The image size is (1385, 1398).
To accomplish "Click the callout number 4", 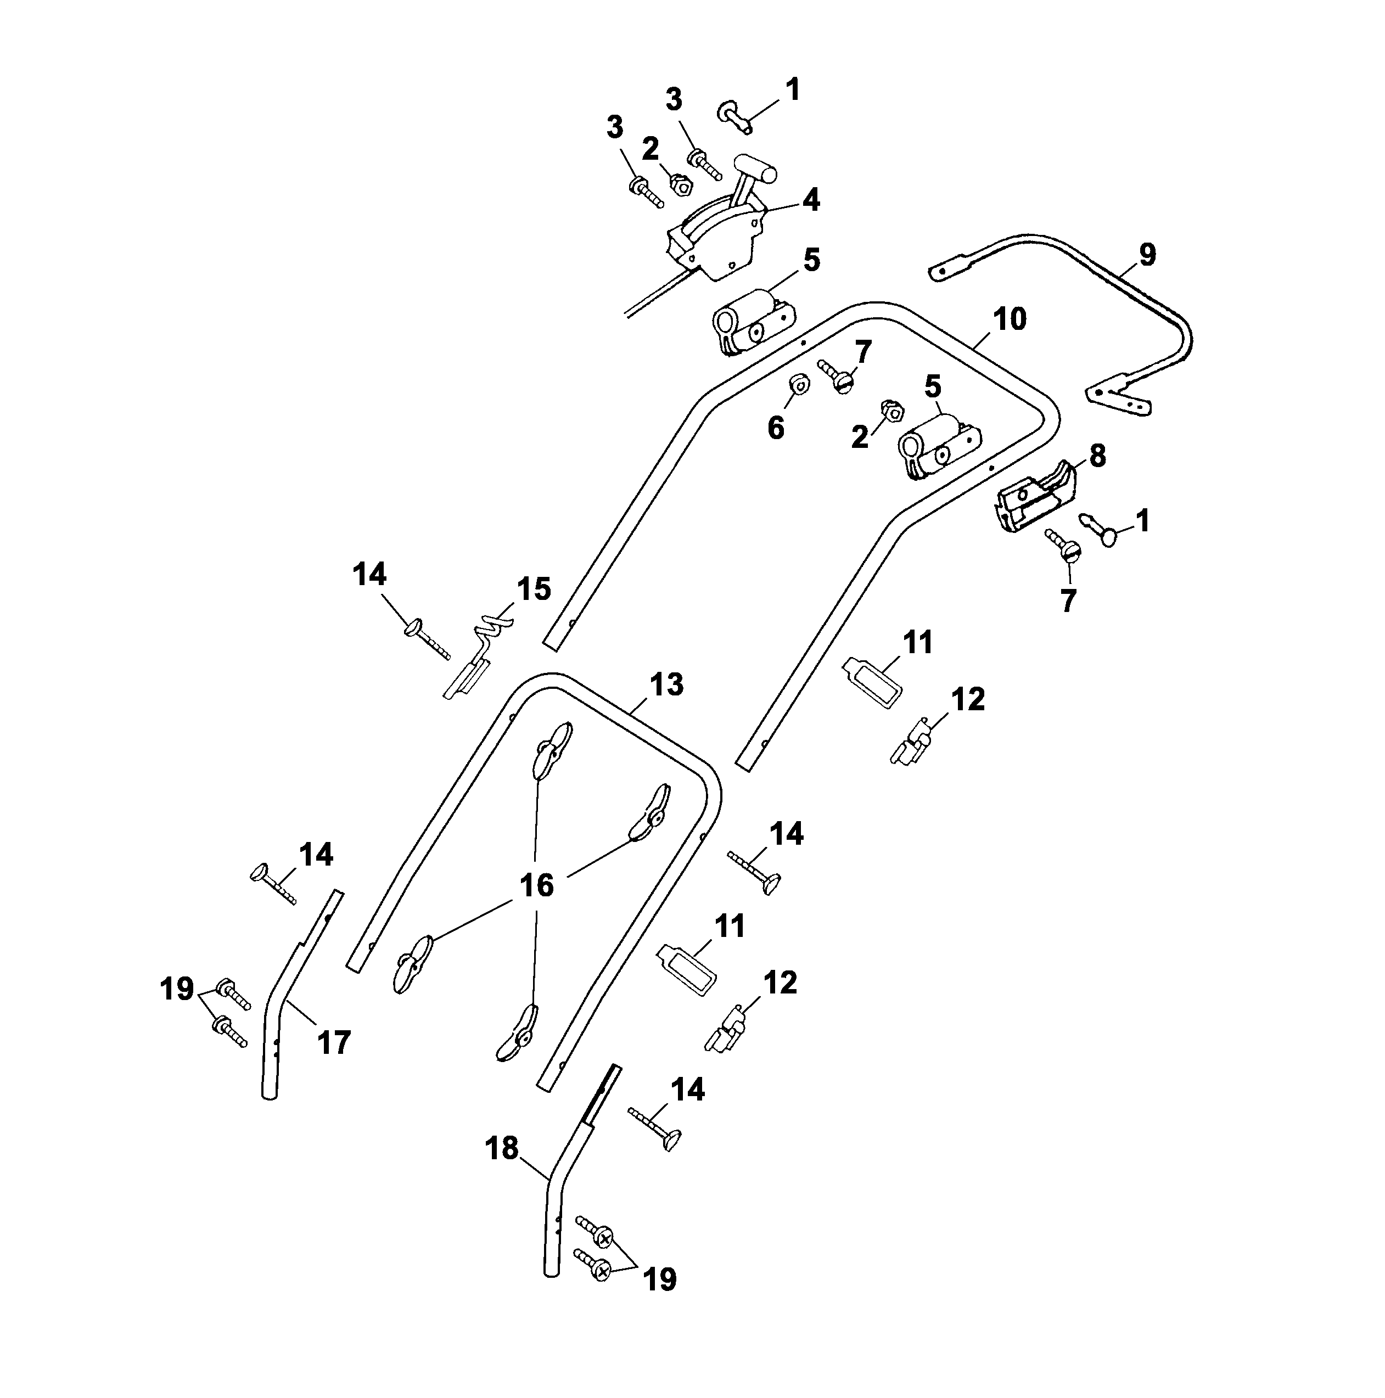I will coord(811,200).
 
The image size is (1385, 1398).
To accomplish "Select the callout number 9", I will coord(1147,255).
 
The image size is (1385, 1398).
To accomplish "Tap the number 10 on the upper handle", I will coord(1009,319).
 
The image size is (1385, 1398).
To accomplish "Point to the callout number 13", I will coord(666,684).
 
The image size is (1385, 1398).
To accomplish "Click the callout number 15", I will coord(534,589).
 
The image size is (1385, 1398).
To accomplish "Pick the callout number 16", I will coord(537,885).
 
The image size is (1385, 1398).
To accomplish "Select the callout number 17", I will coord(334,1043).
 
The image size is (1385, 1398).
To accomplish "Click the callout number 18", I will coord(502,1148).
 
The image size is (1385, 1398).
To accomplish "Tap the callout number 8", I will coord(1097,456).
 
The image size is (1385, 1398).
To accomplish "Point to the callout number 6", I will coord(775,428).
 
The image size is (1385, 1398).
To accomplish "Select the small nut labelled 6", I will coord(799,384).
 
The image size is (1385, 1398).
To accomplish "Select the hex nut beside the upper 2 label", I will coord(680,184).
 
